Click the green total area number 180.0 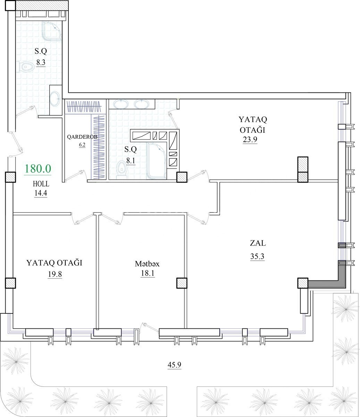(x=38, y=169)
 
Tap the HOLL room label (x=41, y=184)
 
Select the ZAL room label (x=258, y=243)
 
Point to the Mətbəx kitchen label (x=147, y=264)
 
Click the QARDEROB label (x=82, y=137)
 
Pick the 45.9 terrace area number (x=175, y=365)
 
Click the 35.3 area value (x=257, y=256)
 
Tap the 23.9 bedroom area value (x=250, y=139)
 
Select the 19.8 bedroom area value (x=55, y=274)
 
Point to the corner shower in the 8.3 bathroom (x=52, y=32)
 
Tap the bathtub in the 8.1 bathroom (x=157, y=161)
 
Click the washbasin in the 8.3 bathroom (x=55, y=99)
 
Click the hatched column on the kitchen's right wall (x=182, y=283)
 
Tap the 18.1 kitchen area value (x=148, y=273)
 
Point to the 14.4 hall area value (x=41, y=193)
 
